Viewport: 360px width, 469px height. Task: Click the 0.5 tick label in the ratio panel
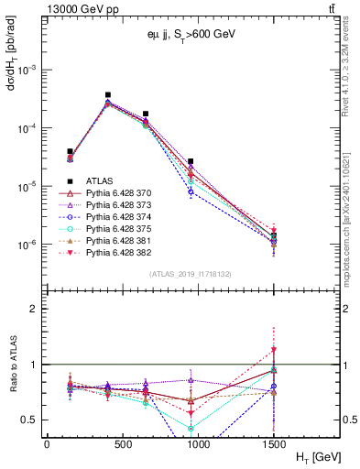[x=30, y=420]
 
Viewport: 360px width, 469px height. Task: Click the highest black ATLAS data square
[x=108, y=94]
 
